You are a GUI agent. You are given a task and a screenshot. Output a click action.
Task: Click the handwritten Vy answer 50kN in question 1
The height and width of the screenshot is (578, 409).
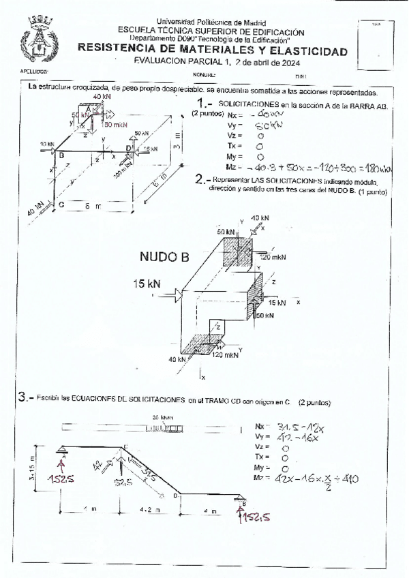(x=249, y=127)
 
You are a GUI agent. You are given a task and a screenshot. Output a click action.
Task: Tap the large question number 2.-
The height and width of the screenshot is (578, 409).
(x=202, y=180)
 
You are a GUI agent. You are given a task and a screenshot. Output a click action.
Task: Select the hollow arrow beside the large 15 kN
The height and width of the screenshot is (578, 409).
(x=178, y=294)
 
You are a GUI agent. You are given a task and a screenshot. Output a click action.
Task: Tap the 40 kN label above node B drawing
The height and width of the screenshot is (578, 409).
(x=259, y=218)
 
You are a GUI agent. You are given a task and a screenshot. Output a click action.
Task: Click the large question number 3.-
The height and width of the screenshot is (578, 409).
(x=26, y=396)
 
